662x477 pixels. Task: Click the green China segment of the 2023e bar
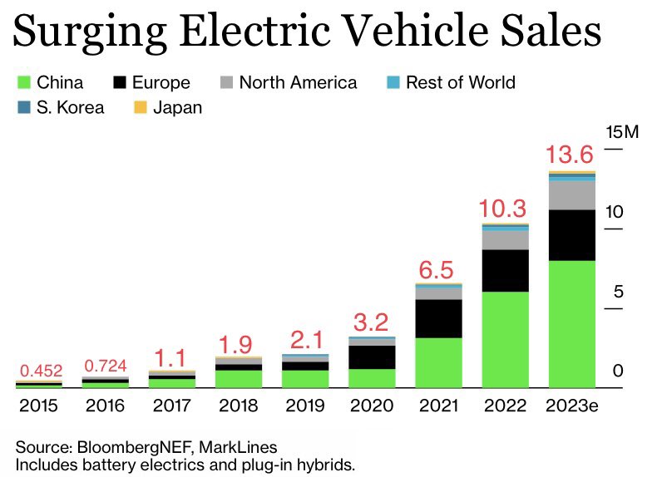571,324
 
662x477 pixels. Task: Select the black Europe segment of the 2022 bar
505,270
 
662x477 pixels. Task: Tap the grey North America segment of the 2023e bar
571,195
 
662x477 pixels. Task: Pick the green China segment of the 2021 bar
438,362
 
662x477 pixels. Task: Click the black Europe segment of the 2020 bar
372,357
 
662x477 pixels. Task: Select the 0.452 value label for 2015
39,371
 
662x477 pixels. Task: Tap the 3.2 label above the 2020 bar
372,322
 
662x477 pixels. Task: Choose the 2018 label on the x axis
239,406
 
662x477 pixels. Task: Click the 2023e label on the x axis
571,406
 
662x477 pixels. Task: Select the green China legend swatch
22,82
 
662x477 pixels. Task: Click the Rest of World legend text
460,82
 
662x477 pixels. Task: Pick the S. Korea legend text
71,107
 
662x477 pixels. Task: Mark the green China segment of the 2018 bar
239,379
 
